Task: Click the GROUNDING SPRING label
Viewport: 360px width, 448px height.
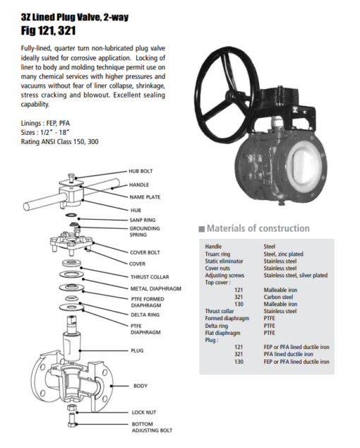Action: click(x=145, y=232)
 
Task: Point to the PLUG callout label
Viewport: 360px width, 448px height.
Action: click(x=137, y=350)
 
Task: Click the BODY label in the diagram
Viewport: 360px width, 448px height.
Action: click(x=140, y=386)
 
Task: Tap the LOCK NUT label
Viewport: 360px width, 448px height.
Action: click(x=145, y=412)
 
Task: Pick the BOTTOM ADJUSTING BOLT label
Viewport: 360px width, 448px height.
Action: click(x=151, y=426)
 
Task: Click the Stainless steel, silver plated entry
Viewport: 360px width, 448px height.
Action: click(x=295, y=276)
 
